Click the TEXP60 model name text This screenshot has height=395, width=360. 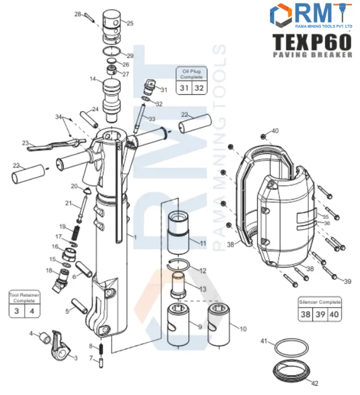[x=312, y=42]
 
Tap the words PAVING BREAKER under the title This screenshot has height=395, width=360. [x=312, y=55]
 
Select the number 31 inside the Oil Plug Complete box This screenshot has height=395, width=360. [x=184, y=88]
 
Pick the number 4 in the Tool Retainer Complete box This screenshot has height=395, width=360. [x=31, y=311]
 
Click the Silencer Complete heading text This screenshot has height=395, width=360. [x=319, y=303]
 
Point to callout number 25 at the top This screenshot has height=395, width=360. [x=130, y=23]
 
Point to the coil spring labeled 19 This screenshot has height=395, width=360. [x=74, y=234]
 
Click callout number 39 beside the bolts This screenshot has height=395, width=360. [x=347, y=282]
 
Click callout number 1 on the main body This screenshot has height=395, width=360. [x=134, y=237]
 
